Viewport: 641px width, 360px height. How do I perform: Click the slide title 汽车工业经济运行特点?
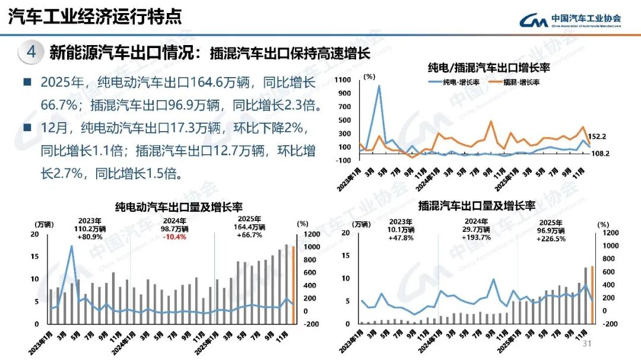click(95, 16)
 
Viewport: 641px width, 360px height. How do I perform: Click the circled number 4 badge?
click(31, 52)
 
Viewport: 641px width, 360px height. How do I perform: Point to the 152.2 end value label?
click(597, 136)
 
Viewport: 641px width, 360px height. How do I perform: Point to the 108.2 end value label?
click(596, 153)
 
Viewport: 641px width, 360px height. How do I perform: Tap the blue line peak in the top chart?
click(379, 86)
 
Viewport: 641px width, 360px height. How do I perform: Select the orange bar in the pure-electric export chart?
click(293, 285)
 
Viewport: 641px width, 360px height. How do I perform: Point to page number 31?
click(588, 345)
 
